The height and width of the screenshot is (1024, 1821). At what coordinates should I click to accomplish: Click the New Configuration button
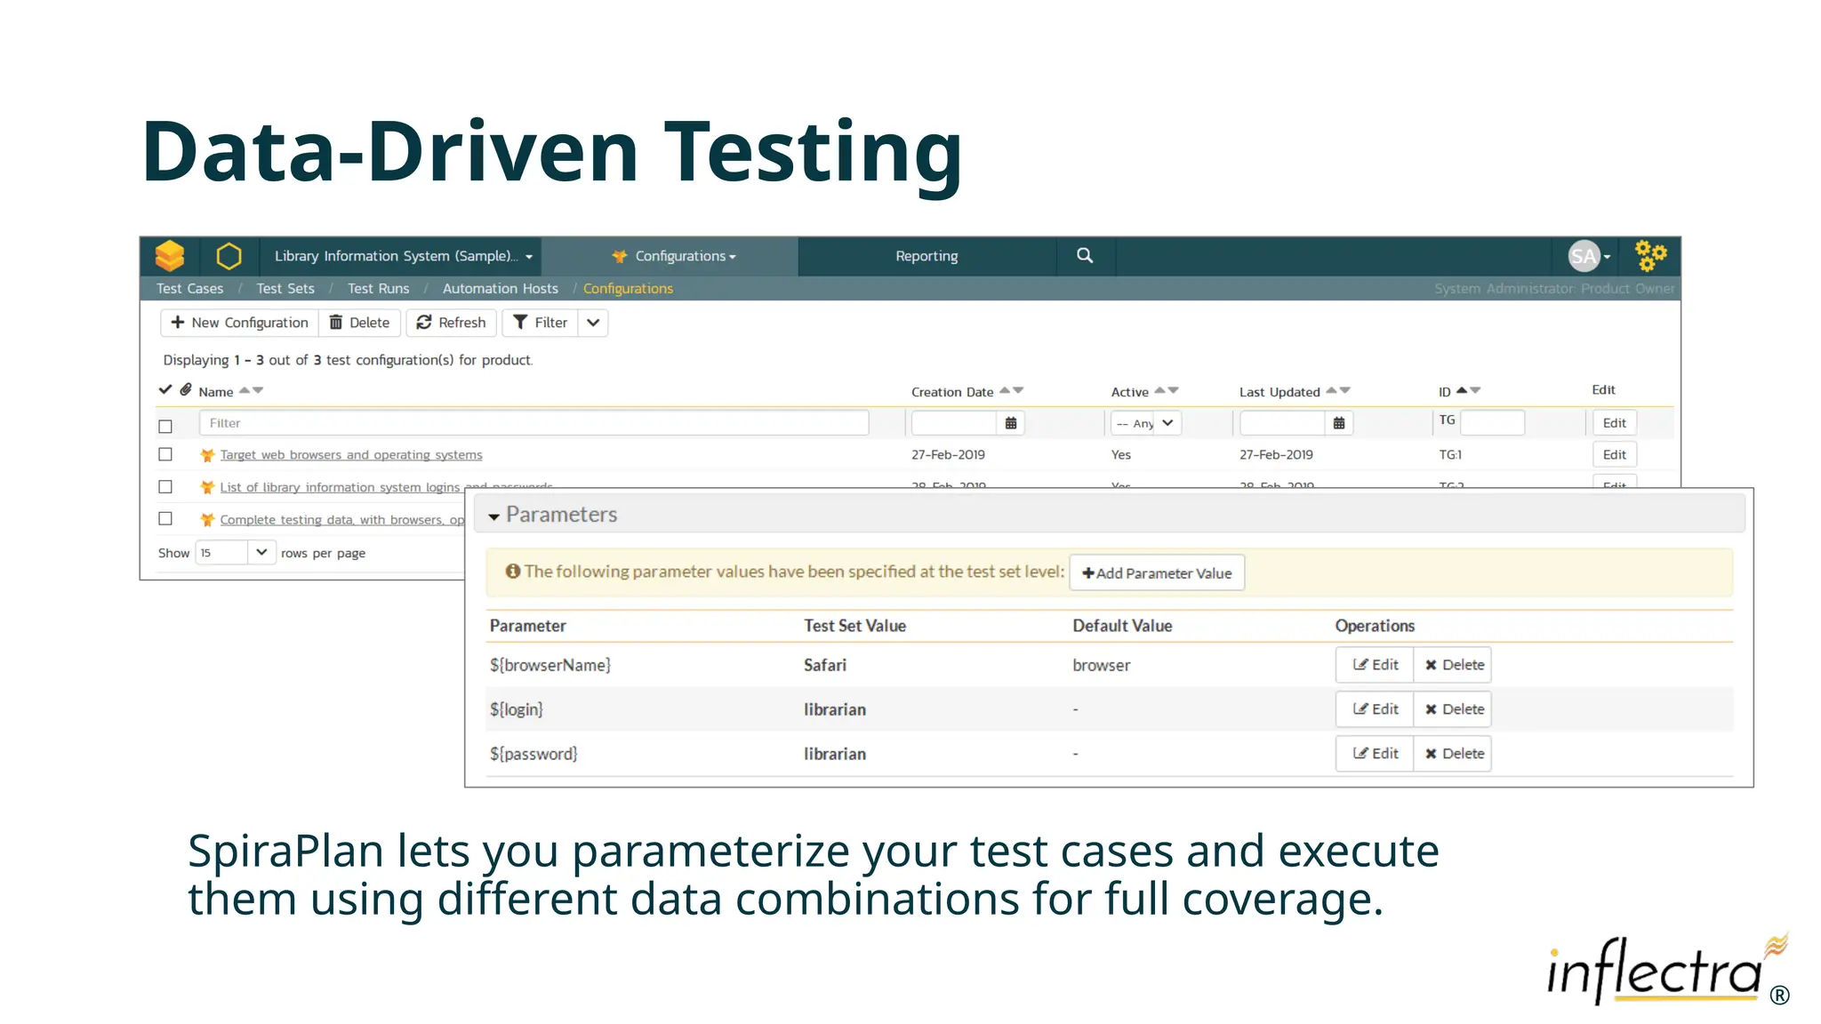[239, 323]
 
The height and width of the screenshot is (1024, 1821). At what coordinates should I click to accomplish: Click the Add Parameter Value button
[1157, 573]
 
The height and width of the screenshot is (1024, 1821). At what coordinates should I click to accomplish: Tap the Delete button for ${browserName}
[1453, 665]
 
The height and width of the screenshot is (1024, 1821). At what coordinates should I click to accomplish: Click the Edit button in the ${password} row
[1375, 754]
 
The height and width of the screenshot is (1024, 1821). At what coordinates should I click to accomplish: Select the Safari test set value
[824, 665]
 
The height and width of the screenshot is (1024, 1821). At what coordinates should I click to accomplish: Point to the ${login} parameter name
[516, 709]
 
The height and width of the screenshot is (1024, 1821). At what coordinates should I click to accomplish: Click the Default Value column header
[1122, 626]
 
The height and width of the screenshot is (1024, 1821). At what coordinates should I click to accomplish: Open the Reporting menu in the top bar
[927, 256]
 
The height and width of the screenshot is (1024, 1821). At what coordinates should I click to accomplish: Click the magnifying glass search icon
[1085, 256]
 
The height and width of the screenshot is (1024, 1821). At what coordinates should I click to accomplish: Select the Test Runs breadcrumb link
[378, 289]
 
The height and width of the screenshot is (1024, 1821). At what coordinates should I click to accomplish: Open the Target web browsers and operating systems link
[351, 455]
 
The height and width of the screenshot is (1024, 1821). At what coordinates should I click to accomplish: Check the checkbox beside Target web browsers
[165, 454]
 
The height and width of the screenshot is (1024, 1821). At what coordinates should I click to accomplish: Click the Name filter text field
[533, 423]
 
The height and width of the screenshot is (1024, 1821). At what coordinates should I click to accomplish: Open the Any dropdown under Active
[1145, 423]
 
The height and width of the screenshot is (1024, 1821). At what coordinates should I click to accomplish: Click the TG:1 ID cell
[1450, 455]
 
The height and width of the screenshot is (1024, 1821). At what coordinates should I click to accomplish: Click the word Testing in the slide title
[813, 153]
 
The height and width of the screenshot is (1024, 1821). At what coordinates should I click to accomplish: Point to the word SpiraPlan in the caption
[285, 851]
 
